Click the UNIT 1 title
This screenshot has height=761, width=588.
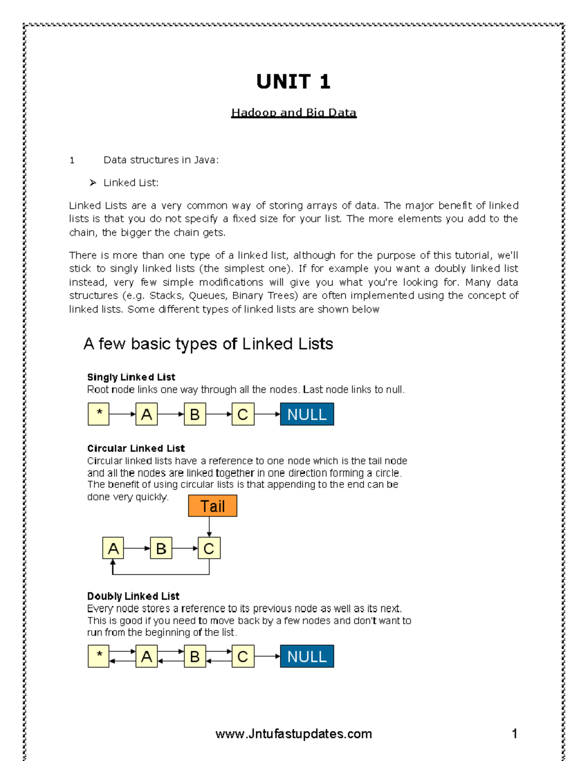[293, 81]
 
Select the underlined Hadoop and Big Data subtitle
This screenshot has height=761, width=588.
[294, 113]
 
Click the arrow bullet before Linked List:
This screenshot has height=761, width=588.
[93, 183]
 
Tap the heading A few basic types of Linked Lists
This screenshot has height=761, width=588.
[208, 344]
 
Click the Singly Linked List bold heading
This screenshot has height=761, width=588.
[131, 377]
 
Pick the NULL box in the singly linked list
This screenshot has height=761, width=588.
[307, 414]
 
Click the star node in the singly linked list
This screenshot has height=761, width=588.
[98, 414]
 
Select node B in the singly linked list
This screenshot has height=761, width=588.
[195, 414]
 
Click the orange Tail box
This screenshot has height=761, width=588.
[212, 506]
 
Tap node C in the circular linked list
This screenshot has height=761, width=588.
[209, 548]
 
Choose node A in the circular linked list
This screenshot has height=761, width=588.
[113, 548]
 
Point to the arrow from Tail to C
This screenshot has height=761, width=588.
[209, 527]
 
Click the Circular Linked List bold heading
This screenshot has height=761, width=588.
[136, 448]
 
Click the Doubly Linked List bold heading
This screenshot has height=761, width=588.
[133, 596]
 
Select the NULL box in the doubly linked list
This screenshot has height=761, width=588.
[307, 656]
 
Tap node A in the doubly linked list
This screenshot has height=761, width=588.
[147, 656]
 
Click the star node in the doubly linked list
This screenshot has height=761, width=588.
[98, 656]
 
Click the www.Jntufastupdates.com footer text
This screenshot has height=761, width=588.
[294, 734]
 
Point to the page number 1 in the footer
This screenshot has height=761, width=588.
[514, 734]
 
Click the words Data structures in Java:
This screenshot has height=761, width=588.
[161, 160]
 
